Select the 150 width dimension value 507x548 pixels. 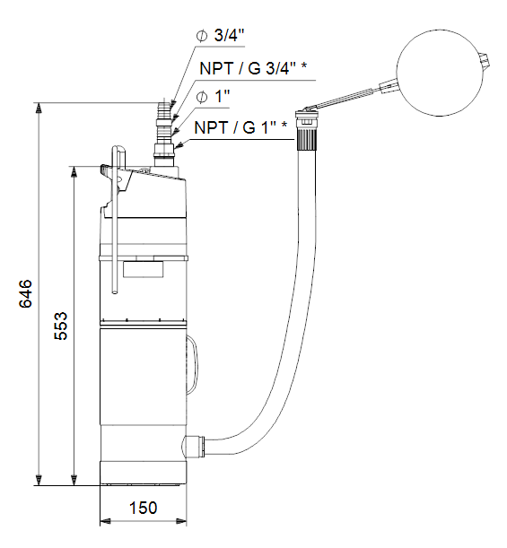pyautogui.click(x=142, y=508)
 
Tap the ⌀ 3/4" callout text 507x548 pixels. pyautogui.click(x=221, y=36)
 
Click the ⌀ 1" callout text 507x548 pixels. pyautogui.click(x=214, y=96)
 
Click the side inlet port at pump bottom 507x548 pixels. pyautogui.click(x=192, y=445)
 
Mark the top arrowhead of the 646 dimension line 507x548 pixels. pyautogui.click(x=39, y=109)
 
